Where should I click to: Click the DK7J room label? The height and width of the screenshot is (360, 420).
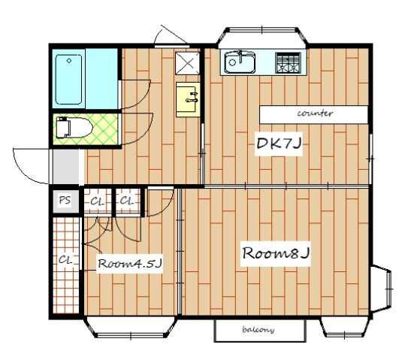[x=279, y=144]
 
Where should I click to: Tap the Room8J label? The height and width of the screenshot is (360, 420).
[x=276, y=253]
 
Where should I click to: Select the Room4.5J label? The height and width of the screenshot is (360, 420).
[x=130, y=264]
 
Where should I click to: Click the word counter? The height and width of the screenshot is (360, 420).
[x=315, y=113]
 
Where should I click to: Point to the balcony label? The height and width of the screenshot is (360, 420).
[x=258, y=329]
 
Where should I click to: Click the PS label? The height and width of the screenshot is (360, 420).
[x=65, y=200]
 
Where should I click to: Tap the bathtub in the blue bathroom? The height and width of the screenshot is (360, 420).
[x=68, y=79]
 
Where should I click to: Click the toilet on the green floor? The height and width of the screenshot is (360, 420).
[x=73, y=127]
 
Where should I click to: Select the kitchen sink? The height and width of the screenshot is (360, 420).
[x=240, y=62]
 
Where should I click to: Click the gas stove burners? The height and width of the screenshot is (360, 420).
[x=288, y=63]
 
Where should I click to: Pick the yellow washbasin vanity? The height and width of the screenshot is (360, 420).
[x=188, y=99]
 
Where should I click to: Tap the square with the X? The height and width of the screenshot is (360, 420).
[x=188, y=63]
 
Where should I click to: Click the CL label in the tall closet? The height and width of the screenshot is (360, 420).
[x=65, y=259]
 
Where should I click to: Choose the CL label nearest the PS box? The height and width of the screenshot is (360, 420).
[x=97, y=201]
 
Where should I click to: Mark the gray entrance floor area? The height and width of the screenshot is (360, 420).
[x=66, y=166]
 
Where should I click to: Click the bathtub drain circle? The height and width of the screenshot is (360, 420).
[x=69, y=61]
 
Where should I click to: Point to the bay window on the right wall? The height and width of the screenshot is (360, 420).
[x=382, y=289]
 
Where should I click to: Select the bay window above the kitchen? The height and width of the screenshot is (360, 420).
[x=262, y=38]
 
